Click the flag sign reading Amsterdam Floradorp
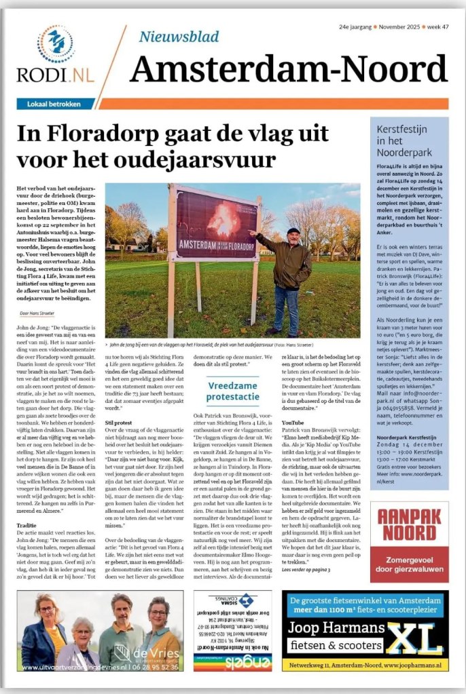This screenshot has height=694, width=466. (x=216, y=225)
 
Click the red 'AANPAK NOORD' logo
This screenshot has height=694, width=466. (x=409, y=524)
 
